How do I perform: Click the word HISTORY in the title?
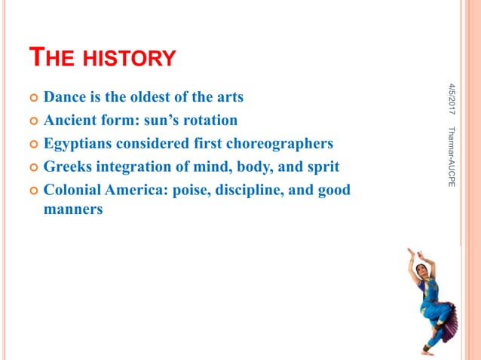129,57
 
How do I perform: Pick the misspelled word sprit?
323,166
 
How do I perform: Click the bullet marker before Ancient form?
32,121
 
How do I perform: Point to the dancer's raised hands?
412,252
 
